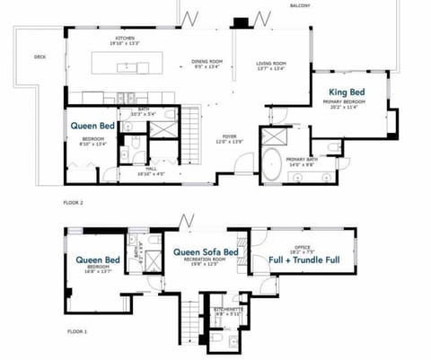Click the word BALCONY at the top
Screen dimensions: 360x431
coord(299,6)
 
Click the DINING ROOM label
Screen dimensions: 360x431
coord(206,63)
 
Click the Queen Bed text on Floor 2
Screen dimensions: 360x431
coord(93,127)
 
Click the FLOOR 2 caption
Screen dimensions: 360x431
coord(74,203)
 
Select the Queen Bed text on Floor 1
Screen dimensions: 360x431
coord(97,260)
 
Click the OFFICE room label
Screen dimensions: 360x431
coord(304,248)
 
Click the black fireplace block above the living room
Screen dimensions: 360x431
coord(240,23)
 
